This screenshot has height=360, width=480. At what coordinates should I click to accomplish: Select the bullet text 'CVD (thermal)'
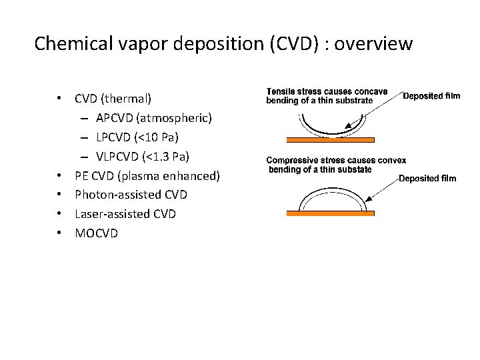pyautogui.click(x=113, y=99)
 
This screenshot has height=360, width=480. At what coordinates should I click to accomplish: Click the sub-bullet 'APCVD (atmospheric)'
pyautogui.click(x=154, y=118)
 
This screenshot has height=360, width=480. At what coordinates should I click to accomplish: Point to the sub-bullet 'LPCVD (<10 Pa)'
pyautogui.click(x=137, y=137)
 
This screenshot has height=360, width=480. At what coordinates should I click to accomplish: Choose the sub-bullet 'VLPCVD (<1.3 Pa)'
pyautogui.click(x=143, y=157)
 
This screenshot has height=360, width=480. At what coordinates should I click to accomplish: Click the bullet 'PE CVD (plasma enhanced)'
pyautogui.click(x=147, y=176)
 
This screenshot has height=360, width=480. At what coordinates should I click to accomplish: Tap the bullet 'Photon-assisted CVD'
pyautogui.click(x=131, y=195)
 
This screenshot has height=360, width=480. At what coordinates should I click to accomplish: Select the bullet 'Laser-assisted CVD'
pyautogui.click(x=125, y=214)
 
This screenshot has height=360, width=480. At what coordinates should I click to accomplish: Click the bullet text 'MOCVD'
pyautogui.click(x=96, y=233)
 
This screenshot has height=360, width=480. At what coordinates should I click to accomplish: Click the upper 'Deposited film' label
pyautogui.click(x=431, y=96)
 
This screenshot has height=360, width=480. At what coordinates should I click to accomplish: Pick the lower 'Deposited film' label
pyautogui.click(x=427, y=178)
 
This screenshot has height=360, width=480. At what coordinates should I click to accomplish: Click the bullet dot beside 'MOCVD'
pyautogui.click(x=60, y=233)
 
